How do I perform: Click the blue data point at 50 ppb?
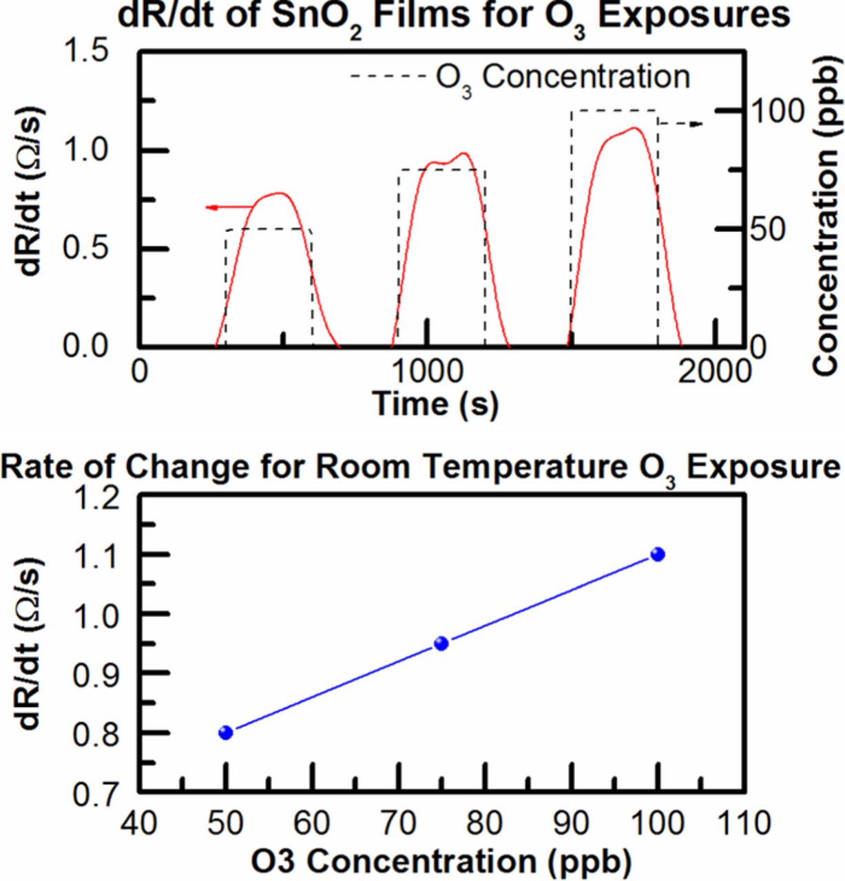pyautogui.click(x=226, y=732)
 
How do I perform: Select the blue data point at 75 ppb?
pyautogui.click(x=441, y=644)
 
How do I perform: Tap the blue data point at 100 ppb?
pyautogui.click(x=658, y=554)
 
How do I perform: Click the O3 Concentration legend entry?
pyautogui.click(x=520, y=77)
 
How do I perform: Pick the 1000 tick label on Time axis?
pyautogui.click(x=428, y=372)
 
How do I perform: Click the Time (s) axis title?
pyautogui.click(x=435, y=403)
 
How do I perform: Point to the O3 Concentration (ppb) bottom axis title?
pyautogui.click(x=441, y=862)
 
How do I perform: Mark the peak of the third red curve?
pyautogui.click(x=634, y=128)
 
